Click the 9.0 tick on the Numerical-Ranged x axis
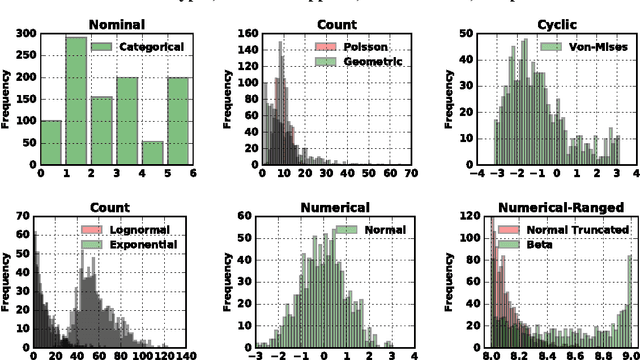(629, 355)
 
